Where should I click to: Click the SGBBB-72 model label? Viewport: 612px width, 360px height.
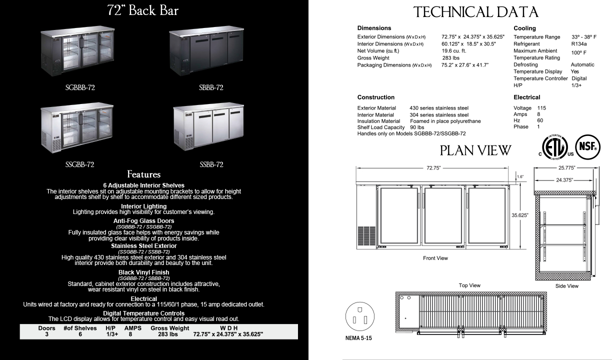[80, 87]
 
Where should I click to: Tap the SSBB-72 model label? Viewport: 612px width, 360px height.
[210, 164]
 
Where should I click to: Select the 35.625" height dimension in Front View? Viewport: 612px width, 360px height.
[520, 215]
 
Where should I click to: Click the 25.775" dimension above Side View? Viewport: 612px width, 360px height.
[566, 168]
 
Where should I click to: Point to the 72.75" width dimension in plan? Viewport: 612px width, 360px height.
[433, 168]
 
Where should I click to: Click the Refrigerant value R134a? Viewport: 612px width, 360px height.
[579, 44]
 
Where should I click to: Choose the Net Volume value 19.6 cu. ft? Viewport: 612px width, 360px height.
[453, 51]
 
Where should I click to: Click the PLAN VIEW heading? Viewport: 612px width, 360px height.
[475, 150]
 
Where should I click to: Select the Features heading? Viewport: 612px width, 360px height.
[143, 174]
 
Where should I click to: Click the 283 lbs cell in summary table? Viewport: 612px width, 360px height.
[166, 334]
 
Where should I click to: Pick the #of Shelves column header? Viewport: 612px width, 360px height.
[80, 328]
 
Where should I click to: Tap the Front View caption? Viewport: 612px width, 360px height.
[435, 258]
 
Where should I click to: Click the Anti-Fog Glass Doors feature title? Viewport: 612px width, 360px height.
[143, 220]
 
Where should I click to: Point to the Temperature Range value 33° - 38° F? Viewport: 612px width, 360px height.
[583, 37]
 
